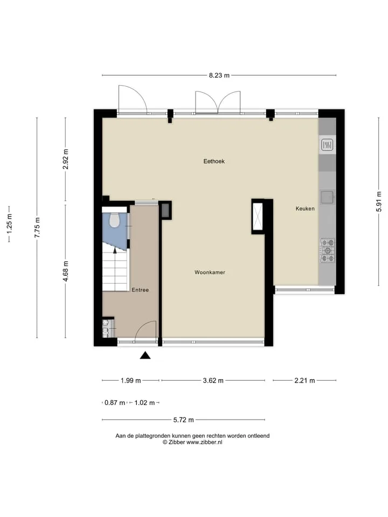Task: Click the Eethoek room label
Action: point(214,161)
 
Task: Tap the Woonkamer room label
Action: point(210,273)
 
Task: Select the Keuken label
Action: point(305,208)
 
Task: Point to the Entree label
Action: point(140,290)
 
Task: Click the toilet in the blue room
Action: point(114,220)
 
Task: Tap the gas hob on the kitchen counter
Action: point(328,250)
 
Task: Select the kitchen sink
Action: point(328,198)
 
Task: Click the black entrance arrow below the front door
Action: point(145,355)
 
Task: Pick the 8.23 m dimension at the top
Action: point(219,75)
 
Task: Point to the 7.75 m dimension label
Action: point(37,227)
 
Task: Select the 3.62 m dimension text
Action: point(213,381)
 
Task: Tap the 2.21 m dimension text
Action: point(304,381)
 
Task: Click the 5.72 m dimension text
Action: point(183,420)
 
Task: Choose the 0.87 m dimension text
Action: point(115,403)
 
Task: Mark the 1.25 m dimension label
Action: point(9,224)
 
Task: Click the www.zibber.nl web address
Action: point(204,442)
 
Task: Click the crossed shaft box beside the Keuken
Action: point(258,216)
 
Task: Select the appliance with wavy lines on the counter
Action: point(327,144)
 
